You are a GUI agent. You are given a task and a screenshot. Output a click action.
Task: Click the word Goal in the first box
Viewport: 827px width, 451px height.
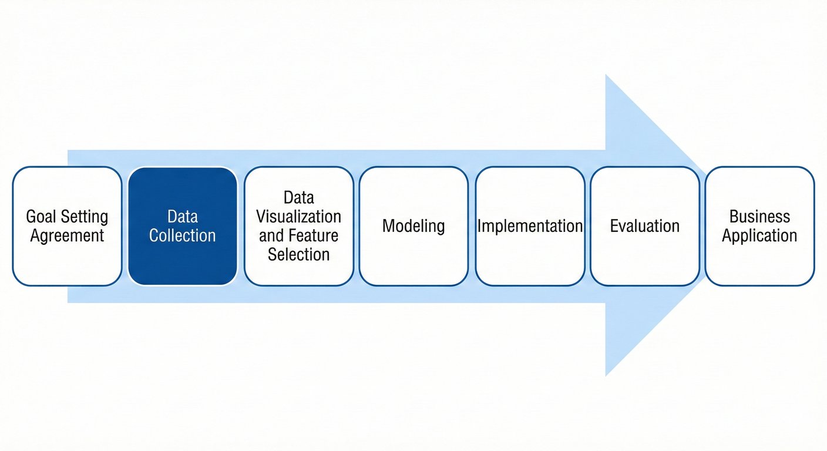point(40,217)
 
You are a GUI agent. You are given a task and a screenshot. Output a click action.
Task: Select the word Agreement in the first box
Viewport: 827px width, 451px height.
point(67,236)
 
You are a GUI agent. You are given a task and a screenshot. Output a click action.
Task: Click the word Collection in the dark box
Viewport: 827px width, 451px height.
point(182,236)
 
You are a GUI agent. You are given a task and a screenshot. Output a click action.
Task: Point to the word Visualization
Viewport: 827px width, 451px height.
point(298,217)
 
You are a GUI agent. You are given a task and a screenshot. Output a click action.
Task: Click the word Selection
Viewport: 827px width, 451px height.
point(298,254)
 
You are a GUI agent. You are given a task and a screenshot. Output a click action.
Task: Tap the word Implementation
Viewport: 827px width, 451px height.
point(530,226)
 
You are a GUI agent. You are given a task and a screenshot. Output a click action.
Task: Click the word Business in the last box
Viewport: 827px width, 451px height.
point(759,217)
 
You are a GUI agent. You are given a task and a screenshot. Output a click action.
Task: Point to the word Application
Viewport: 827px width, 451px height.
point(759,236)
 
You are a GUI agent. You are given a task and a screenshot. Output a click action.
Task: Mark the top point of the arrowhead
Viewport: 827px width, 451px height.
point(606,76)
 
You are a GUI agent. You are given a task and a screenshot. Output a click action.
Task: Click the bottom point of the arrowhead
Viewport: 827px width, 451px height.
point(606,375)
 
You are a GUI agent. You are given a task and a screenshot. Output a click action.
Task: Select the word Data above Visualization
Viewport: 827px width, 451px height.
point(298,197)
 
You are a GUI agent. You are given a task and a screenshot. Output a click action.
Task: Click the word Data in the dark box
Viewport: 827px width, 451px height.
point(182,217)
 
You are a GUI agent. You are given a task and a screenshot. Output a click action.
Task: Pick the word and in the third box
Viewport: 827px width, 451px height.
point(271,235)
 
